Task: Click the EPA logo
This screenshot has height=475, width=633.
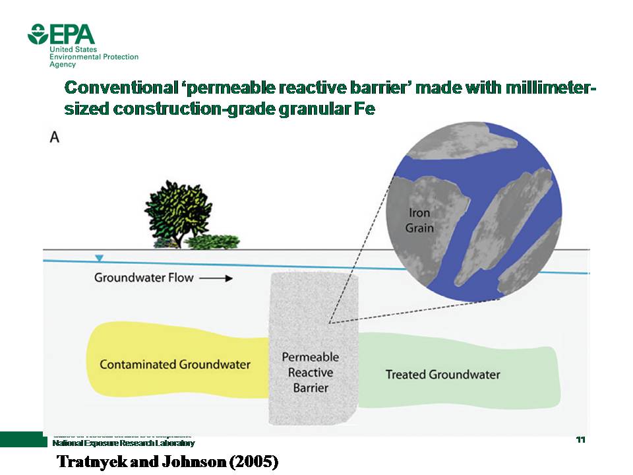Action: (61, 34)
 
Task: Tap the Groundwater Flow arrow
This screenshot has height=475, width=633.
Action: (216, 278)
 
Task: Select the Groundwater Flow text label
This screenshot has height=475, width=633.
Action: (144, 278)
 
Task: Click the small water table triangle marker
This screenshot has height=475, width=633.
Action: (99, 258)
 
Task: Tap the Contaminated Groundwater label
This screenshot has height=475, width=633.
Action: (175, 364)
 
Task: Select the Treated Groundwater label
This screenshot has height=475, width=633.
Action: (442, 375)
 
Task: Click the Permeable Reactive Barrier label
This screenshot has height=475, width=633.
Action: (311, 372)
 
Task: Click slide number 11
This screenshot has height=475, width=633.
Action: (581, 439)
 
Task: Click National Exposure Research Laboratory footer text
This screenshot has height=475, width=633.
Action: (123, 443)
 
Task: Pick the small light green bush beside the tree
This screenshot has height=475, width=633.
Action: (212, 241)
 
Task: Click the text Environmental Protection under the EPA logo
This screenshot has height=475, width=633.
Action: (94, 57)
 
